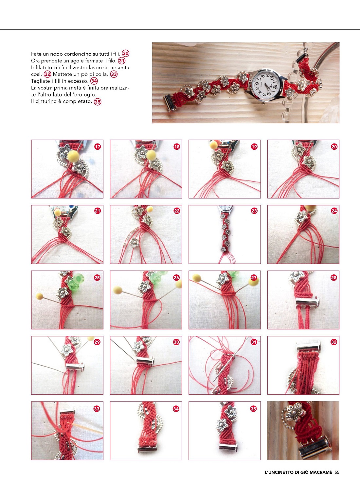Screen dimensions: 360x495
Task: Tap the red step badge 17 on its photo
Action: (97, 146)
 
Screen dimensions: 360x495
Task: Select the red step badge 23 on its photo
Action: (254, 211)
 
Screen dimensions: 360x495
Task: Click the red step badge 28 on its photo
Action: (333, 278)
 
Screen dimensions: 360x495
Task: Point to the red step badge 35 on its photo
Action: (253, 409)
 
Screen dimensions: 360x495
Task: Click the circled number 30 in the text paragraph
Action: (125, 54)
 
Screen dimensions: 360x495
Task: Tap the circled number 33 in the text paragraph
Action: (114, 74)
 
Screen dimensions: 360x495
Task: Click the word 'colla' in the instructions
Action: (102, 74)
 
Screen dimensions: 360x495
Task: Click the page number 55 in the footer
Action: (337, 472)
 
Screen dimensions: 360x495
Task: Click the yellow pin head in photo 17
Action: (73, 156)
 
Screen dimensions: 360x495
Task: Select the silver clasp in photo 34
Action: (147, 448)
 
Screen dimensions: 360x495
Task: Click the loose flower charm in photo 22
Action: (134, 243)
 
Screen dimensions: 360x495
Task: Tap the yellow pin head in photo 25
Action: (40, 296)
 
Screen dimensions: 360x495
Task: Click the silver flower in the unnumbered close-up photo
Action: (295, 412)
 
